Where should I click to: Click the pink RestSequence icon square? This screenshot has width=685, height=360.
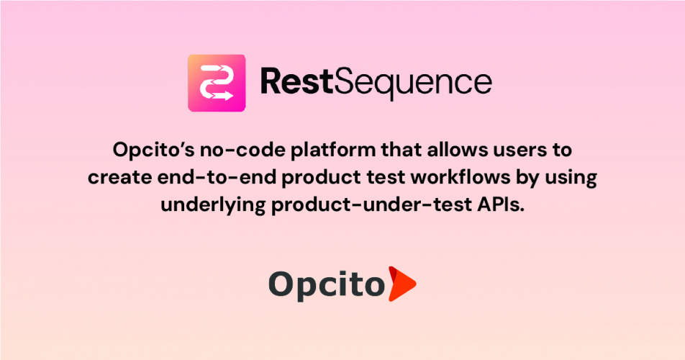[x=217, y=84]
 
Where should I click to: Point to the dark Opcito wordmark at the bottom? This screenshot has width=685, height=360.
[x=325, y=284]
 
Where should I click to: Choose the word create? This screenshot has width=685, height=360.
[x=112, y=177]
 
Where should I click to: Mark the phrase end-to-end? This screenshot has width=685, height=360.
[x=199, y=177]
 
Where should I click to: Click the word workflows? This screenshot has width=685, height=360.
[x=453, y=177]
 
